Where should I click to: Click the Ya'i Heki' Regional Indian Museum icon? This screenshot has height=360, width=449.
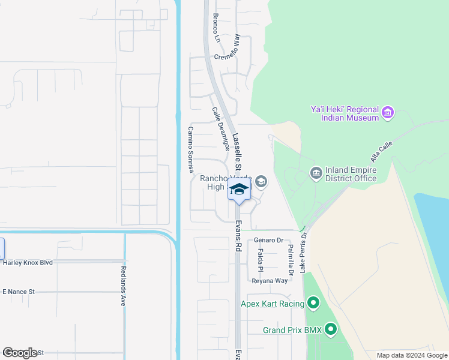point(387,112)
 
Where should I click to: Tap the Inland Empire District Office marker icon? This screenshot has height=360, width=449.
point(316,173)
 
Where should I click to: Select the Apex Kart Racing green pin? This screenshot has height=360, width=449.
point(313,304)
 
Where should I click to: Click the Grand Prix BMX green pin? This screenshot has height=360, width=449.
point(330,329)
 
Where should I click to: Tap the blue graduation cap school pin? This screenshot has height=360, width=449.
point(238,190)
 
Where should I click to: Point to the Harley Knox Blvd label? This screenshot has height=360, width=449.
point(28,262)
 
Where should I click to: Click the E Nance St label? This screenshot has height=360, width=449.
point(19,292)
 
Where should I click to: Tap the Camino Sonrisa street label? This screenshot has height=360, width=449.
point(191,146)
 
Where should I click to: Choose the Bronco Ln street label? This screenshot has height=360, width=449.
point(216,29)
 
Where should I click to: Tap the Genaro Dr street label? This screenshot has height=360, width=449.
point(268,240)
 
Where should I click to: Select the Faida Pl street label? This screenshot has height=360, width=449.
point(261,260)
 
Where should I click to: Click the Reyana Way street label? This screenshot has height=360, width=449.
point(270,281)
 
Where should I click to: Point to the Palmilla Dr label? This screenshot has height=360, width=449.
point(291,259)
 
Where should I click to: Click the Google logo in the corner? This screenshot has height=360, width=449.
point(20,353)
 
